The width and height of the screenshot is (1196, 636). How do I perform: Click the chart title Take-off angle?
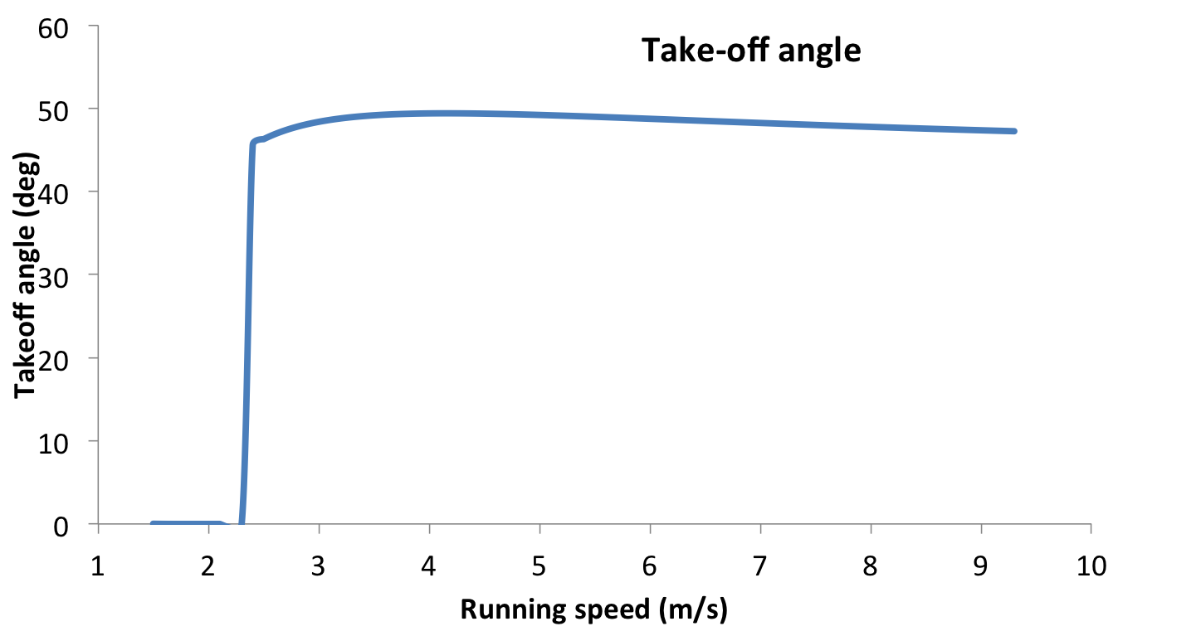tap(751, 51)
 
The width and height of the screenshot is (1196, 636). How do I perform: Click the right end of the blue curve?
tap(1013, 131)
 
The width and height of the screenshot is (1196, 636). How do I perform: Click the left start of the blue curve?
tap(154, 524)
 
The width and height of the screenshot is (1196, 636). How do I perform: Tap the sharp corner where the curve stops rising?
tap(253, 143)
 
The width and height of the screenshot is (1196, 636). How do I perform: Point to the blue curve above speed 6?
tap(650, 119)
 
